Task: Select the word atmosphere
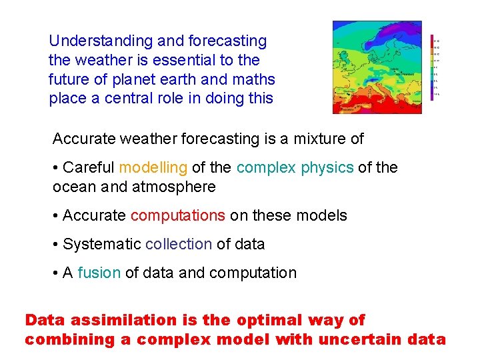pyautogui.click(x=174, y=187)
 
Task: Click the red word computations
pyautogui.click(x=177, y=215)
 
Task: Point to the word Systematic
pyautogui.click(x=101, y=244)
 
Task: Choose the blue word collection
pyautogui.click(x=178, y=244)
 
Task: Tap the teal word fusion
pyautogui.click(x=99, y=273)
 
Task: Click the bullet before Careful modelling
pyautogui.click(x=56, y=168)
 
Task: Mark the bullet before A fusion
pyautogui.click(x=56, y=273)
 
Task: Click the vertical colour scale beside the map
pyautogui.click(x=433, y=67)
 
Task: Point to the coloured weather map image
pyautogui.click(x=377, y=67)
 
